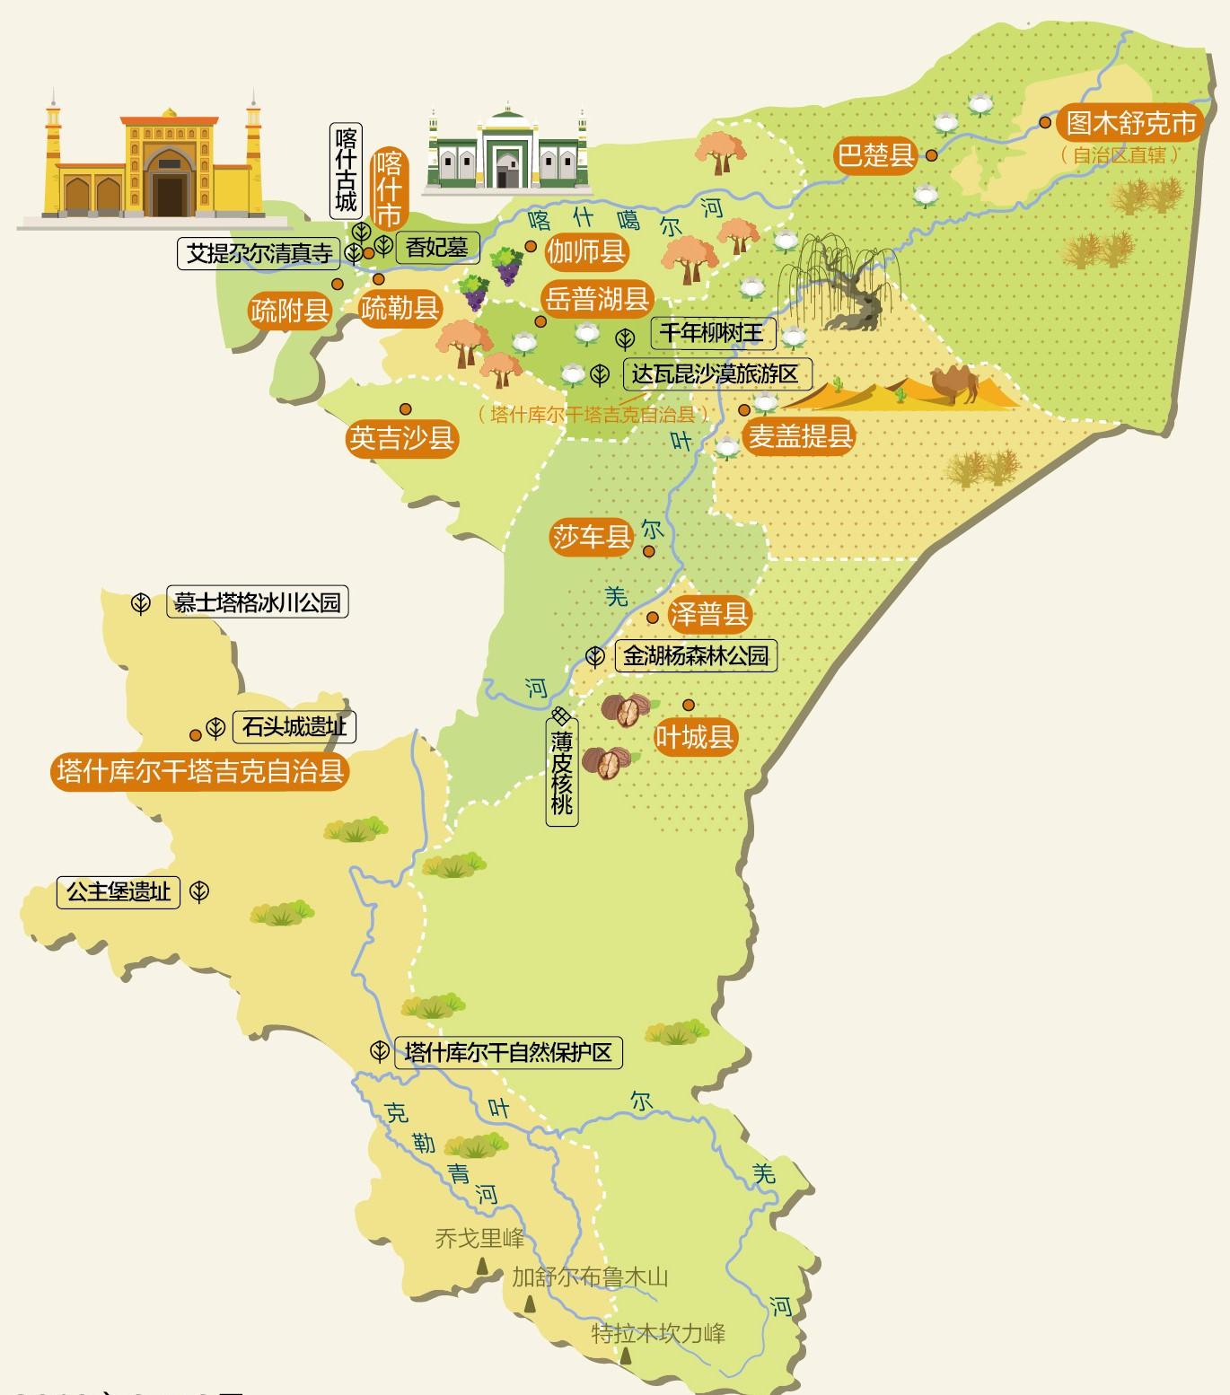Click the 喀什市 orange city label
389,189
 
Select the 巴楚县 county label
875,154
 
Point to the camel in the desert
958,383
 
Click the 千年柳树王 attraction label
711,333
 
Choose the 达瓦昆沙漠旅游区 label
715,374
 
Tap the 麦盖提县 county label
800,437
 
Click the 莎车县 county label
592,537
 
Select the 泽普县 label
708,615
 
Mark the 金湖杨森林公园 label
696,656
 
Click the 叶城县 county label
695,737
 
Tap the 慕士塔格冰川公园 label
257,602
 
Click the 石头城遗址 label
294,726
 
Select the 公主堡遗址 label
118,892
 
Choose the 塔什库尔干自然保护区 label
507,1052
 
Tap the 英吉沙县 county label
401,438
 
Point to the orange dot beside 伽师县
531,246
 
